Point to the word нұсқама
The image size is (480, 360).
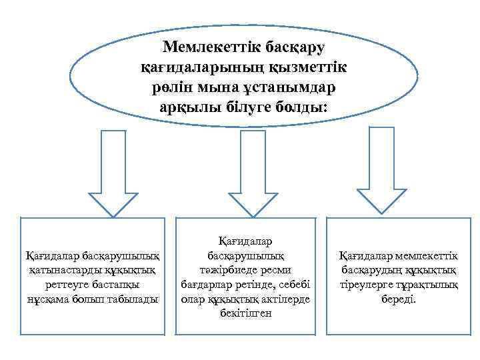49,299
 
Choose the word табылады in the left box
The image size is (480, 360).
135,299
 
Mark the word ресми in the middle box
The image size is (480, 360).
270,271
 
